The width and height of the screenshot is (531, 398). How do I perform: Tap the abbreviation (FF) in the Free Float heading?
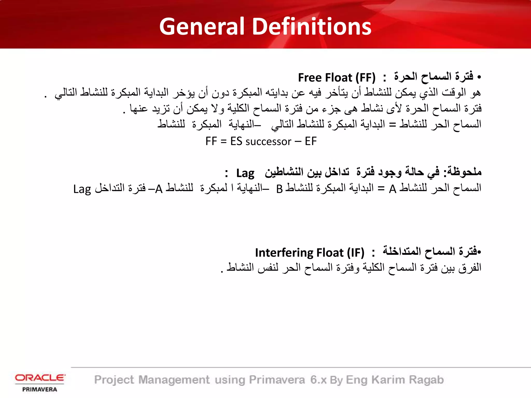pos(365,77)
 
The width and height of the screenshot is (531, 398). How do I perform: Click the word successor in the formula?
pos(268,141)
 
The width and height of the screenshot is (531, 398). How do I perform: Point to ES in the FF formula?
pos(236,141)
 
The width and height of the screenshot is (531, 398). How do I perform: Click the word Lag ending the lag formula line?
pos(82,189)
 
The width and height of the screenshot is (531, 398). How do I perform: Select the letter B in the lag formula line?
pos(279,189)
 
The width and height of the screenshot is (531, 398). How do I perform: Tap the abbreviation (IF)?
pos(355,253)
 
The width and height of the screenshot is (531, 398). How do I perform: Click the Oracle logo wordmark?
pos(40,378)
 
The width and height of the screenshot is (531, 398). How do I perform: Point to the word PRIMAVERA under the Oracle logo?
pos(40,389)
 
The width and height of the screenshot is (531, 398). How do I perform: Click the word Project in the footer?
pos(114,380)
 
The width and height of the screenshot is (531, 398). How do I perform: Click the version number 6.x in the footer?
pos(318,380)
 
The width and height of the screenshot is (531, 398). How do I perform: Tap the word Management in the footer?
pos(174,380)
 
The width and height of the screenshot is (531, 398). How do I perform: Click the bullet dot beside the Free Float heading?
pos(479,77)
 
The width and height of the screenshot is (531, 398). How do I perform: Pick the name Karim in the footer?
pos(388,380)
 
